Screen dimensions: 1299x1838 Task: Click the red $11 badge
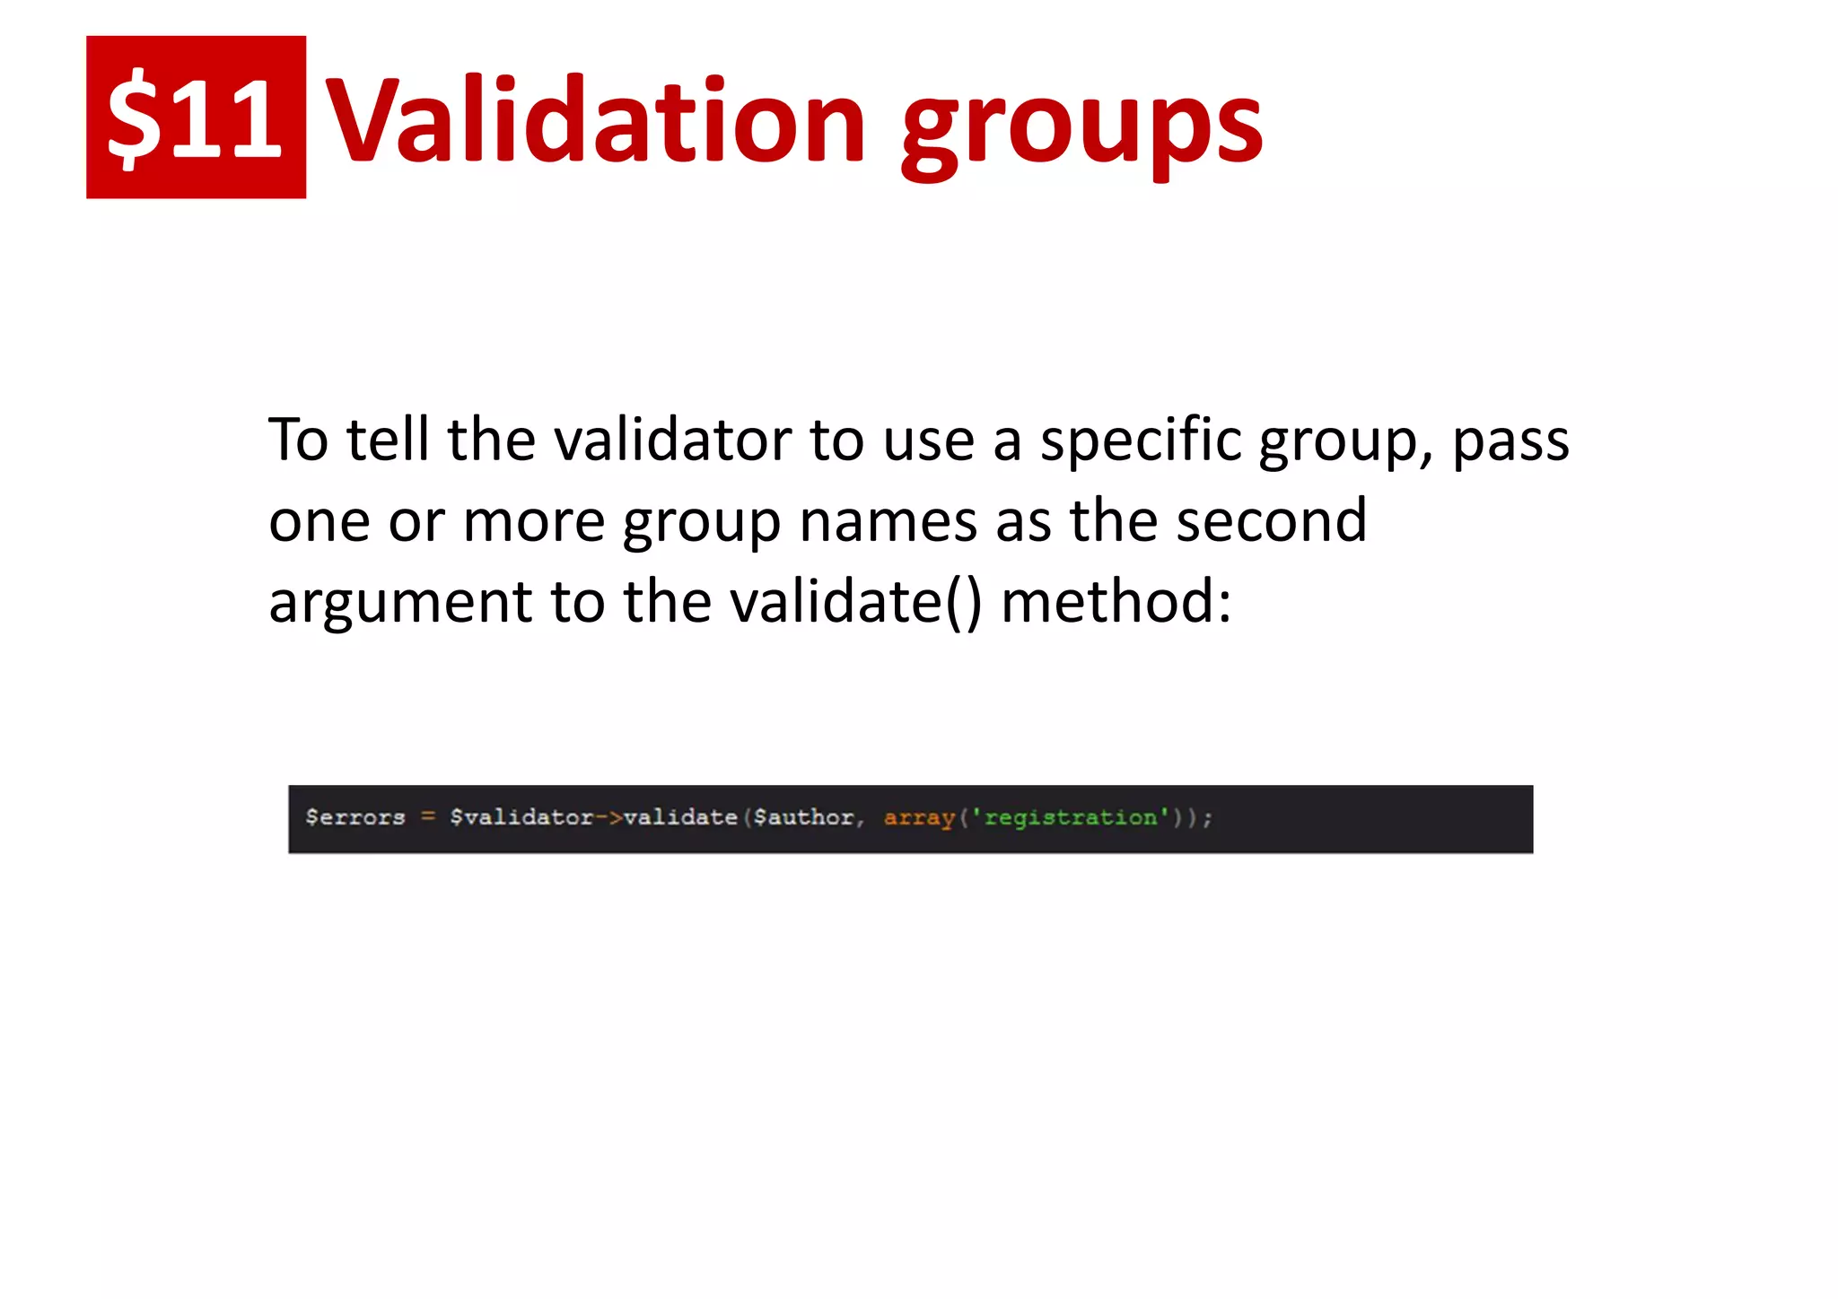(196, 117)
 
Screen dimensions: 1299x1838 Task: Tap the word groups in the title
(1082, 126)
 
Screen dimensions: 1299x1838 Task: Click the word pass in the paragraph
(1510, 441)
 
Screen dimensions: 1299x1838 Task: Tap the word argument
(399, 603)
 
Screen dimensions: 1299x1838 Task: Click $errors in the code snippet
(355, 817)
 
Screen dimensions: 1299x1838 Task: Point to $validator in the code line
(521, 817)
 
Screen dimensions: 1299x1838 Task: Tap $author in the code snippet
(804, 817)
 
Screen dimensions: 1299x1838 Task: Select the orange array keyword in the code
(919, 817)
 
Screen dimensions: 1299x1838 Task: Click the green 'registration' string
(1071, 817)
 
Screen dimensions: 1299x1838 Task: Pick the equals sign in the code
(428, 817)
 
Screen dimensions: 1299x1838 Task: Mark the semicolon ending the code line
(1208, 818)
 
